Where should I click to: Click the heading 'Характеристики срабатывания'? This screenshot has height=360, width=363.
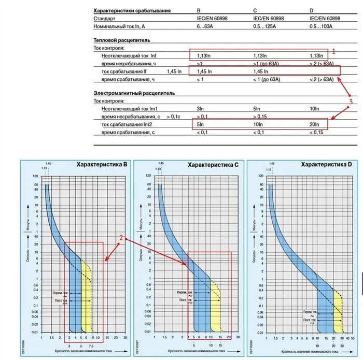(132, 11)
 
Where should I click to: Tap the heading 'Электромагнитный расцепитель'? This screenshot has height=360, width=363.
(134, 93)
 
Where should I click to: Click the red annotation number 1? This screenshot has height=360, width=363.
(334, 51)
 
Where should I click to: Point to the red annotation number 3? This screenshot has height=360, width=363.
(351, 102)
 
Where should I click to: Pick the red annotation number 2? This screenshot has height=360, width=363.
(121, 238)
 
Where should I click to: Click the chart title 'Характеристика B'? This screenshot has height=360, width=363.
(102, 164)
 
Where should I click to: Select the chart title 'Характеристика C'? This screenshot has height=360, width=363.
(213, 165)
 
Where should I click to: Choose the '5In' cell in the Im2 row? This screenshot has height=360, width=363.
(201, 125)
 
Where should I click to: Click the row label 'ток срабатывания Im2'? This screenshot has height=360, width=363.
(127, 125)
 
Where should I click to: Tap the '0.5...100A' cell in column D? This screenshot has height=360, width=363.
(321, 26)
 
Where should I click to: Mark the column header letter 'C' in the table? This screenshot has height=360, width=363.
(255, 11)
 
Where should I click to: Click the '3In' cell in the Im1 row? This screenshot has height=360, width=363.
(200, 109)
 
